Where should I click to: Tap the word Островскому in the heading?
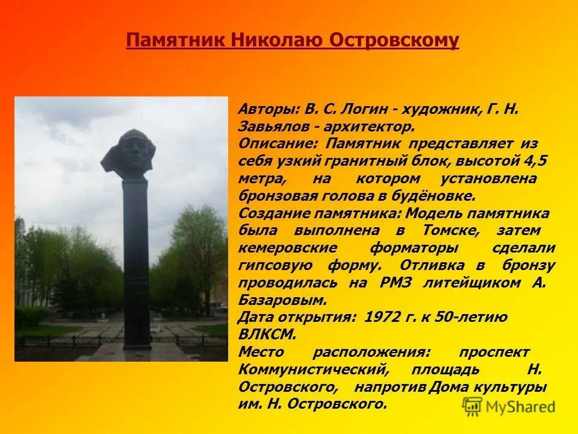point(394,40)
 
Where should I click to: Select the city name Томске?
point(452,231)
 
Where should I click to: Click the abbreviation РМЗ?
point(396,283)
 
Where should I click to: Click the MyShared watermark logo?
point(509,406)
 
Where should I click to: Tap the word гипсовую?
point(274,265)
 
